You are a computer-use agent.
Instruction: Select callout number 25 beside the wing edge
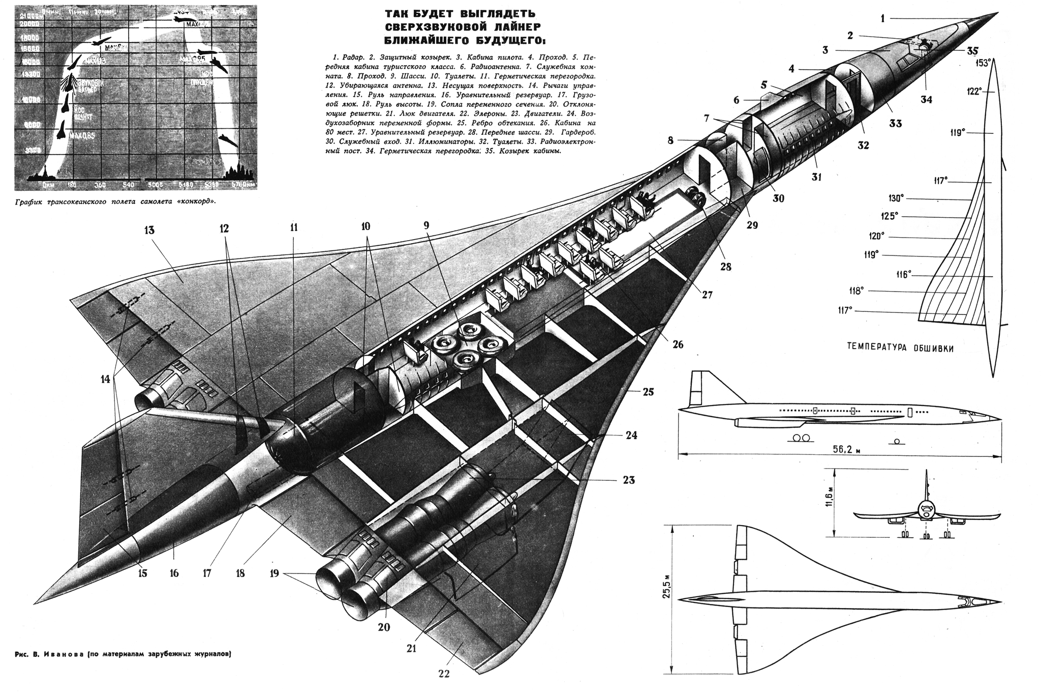[648, 392]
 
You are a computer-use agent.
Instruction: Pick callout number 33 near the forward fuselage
[896, 123]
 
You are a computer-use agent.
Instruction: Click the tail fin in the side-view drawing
[700, 387]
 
